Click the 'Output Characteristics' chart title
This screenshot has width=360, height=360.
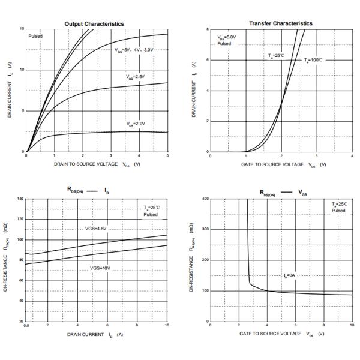click(x=94, y=24)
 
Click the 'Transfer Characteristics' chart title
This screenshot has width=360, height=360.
click(x=280, y=23)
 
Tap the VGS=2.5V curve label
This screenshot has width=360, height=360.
click(x=135, y=77)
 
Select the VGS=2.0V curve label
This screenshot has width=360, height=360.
click(x=136, y=124)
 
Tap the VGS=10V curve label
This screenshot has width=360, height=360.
click(x=101, y=268)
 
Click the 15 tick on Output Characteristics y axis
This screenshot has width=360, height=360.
click(x=22, y=29)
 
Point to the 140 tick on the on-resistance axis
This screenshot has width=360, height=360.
click(x=21, y=199)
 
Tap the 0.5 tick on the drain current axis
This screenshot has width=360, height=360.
click(x=26, y=325)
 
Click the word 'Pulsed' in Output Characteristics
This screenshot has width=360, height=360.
click(x=35, y=37)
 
